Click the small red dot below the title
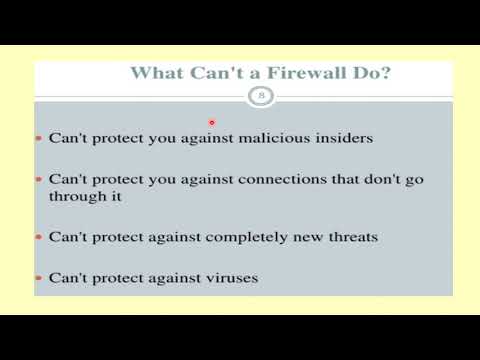click(x=211, y=122)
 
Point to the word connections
click(x=276, y=179)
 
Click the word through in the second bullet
click(x=75, y=196)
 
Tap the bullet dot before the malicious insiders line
click(x=39, y=139)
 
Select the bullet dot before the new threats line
click(x=39, y=238)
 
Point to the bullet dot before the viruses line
click(x=39, y=278)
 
